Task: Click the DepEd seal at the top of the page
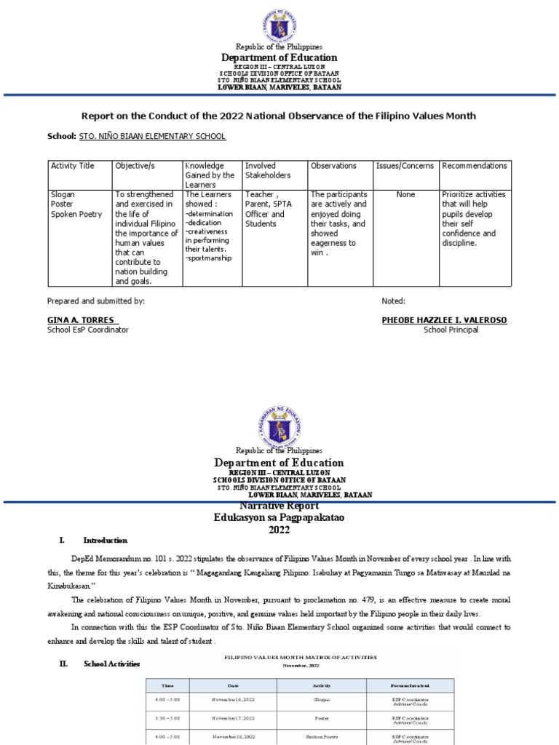click(x=279, y=22)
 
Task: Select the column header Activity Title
click(x=72, y=166)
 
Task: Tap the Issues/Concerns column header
click(x=405, y=166)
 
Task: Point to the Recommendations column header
click(x=474, y=166)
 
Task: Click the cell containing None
click(x=405, y=195)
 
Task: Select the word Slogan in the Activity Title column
click(x=63, y=195)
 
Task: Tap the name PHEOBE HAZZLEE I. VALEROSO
click(x=444, y=320)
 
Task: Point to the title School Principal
click(x=451, y=330)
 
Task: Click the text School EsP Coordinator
click(x=87, y=330)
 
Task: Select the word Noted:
click(x=393, y=300)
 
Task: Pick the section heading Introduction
click(x=106, y=541)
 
